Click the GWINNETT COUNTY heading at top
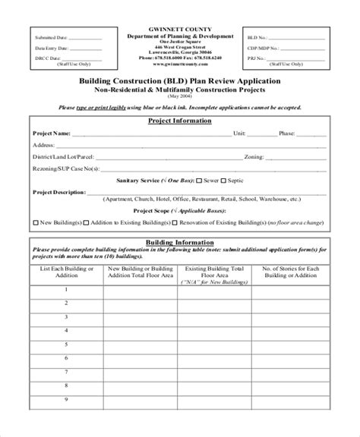click(x=180, y=28)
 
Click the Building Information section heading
click(x=180, y=242)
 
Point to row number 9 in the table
click(x=68, y=421)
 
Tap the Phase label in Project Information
click(x=287, y=133)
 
